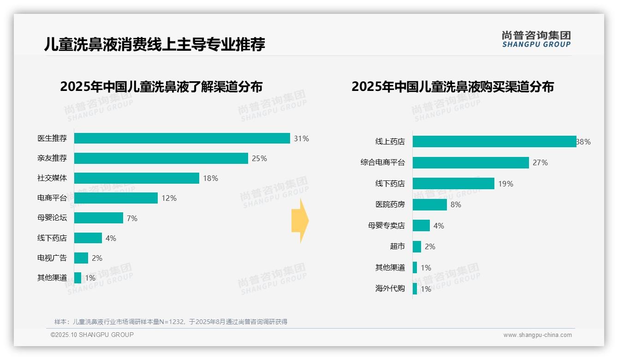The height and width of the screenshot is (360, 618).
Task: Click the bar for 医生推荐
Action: pos(182,138)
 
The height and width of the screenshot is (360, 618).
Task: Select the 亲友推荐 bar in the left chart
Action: pos(161,158)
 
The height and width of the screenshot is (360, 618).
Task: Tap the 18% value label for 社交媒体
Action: pos(210,178)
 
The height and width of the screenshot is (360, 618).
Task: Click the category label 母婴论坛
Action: pos(52,218)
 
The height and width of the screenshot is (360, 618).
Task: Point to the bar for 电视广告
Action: pos(81,258)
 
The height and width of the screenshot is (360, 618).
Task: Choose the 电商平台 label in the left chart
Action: pos(52,198)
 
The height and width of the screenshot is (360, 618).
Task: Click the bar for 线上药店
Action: pos(494,142)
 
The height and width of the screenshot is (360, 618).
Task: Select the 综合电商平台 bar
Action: pos(470,162)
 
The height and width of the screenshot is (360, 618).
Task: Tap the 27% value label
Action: pos(540,162)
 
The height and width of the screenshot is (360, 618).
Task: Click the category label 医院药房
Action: pos(390,204)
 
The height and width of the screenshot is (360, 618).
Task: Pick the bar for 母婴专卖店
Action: pos(421,226)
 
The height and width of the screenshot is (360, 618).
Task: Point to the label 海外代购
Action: pos(390,288)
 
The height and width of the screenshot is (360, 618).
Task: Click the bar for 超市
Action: pos(417,246)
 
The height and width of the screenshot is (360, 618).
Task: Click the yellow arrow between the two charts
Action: pos(300,221)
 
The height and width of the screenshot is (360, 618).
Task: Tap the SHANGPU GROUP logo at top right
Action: pos(536,39)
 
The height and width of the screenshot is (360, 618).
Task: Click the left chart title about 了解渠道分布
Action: pos(161,87)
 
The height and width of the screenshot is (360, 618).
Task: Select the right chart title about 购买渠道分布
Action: pos(452,87)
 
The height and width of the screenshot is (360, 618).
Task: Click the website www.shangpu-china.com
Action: pos(537,335)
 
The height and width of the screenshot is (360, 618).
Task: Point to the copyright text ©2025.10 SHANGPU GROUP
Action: pos(92,335)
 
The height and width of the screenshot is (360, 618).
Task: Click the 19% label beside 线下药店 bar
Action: pos(505,184)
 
